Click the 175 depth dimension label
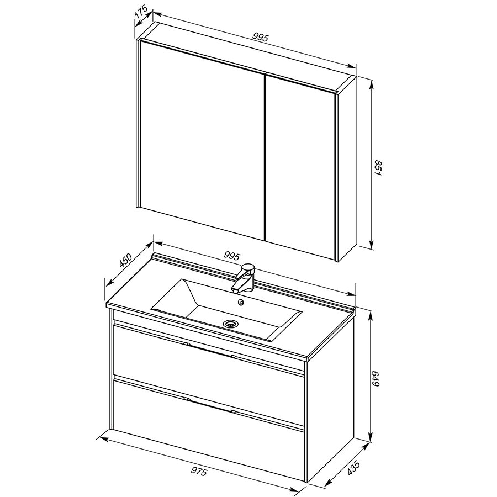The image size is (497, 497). point(141,12)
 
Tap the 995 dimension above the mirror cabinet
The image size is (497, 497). point(261,38)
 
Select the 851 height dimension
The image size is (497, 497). point(378,168)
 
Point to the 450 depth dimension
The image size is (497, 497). point(125,260)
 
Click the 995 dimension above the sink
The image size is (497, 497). point(232,256)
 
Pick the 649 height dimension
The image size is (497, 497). point(376,378)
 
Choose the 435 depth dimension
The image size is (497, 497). point(353,468)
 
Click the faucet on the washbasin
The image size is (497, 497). point(244,277)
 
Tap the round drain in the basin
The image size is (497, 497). point(230,324)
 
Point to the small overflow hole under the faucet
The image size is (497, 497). point(241,303)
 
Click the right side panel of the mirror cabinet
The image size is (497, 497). point(347,168)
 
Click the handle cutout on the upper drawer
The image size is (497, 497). point(209,350)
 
